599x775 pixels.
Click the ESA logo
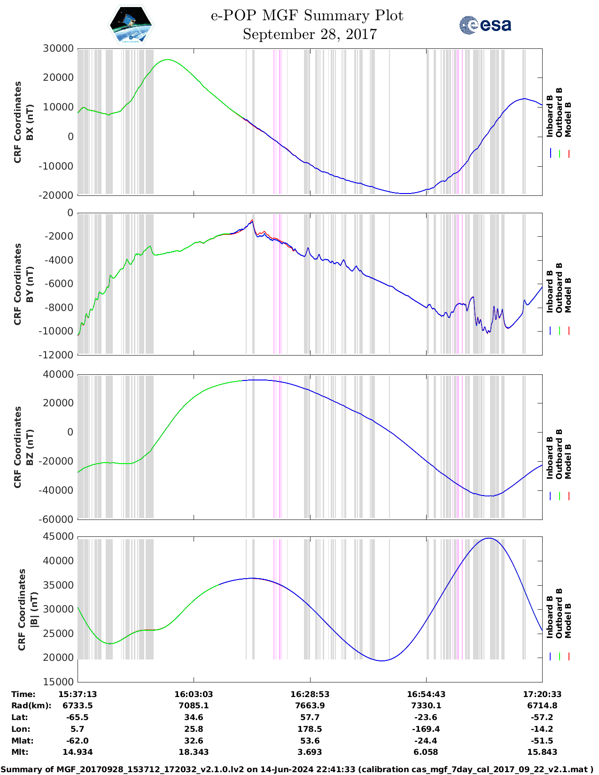(485, 25)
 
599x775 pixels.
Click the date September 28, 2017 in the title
(310, 34)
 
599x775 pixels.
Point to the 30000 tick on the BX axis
(58, 48)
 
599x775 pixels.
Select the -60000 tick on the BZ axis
(58, 519)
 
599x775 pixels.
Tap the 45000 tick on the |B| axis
(58, 536)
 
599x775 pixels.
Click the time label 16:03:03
(194, 694)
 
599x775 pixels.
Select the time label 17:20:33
(542, 694)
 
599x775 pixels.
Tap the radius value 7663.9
(310, 705)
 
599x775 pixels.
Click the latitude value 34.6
(194, 717)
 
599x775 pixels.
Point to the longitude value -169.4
(426, 729)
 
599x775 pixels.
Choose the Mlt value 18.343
(194, 752)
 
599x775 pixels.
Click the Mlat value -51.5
(542, 741)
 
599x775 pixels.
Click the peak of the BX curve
(167, 60)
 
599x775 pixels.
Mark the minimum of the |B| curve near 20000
(382, 661)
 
